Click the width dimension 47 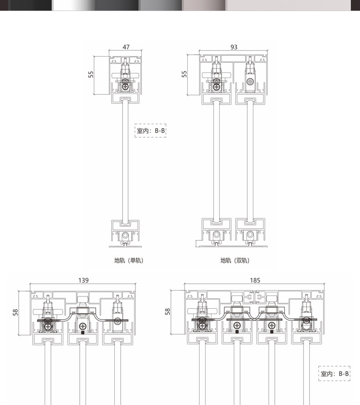click(x=126, y=47)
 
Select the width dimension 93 click(x=234, y=47)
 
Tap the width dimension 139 click(x=83, y=280)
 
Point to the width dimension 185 click(x=255, y=280)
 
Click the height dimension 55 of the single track click(x=91, y=74)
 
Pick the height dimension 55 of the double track click(x=184, y=74)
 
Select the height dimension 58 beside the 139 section click(x=15, y=312)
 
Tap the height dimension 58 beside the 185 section click(x=168, y=312)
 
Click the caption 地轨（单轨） click(x=129, y=260)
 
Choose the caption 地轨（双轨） click(x=235, y=260)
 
